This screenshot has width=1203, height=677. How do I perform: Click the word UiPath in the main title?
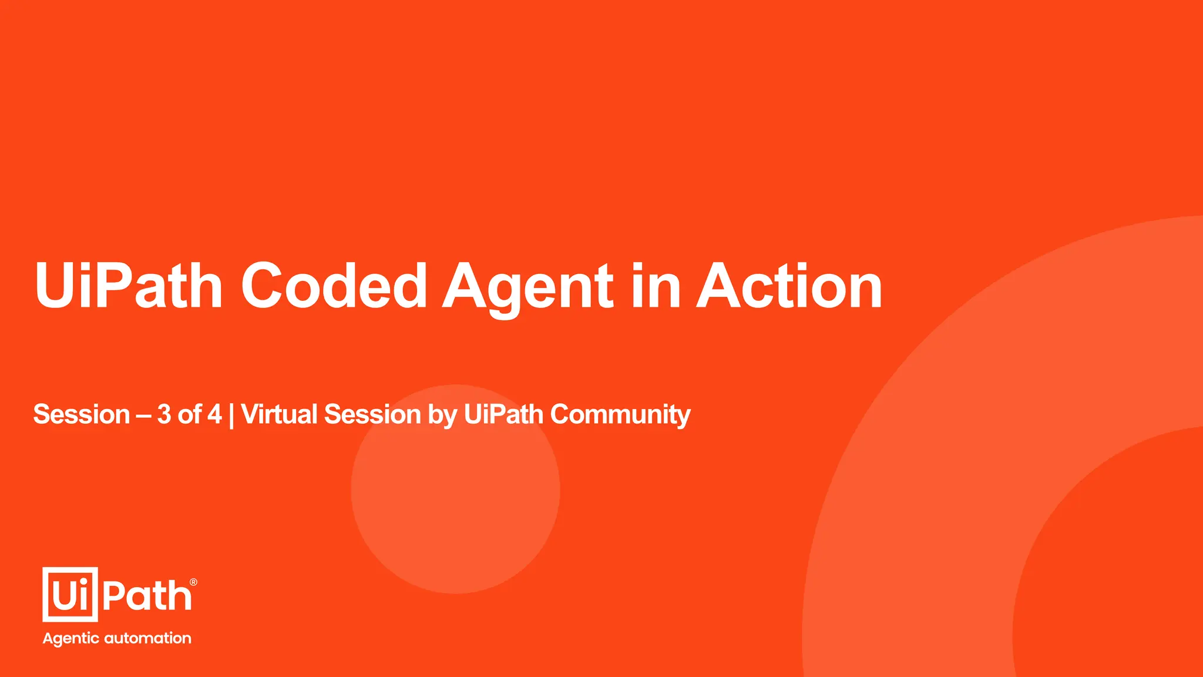[129, 286]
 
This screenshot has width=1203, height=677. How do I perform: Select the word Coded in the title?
[334, 286]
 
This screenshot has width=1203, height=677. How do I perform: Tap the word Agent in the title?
[527, 286]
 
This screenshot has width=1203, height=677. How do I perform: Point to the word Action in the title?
[789, 286]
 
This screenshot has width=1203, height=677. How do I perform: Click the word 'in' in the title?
[655, 286]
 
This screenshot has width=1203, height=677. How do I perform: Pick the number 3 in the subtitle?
[164, 414]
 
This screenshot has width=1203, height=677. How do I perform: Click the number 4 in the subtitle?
[214, 414]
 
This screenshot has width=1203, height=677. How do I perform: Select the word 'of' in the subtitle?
[189, 414]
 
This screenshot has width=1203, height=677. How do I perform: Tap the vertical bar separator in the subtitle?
[231, 415]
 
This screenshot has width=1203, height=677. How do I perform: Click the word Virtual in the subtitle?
[279, 414]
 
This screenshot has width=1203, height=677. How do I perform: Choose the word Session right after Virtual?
[372, 414]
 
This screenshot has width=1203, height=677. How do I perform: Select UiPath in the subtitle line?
[503, 414]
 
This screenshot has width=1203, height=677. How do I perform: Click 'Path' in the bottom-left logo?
[147, 596]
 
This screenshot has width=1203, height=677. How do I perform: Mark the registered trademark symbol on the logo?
[193, 582]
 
